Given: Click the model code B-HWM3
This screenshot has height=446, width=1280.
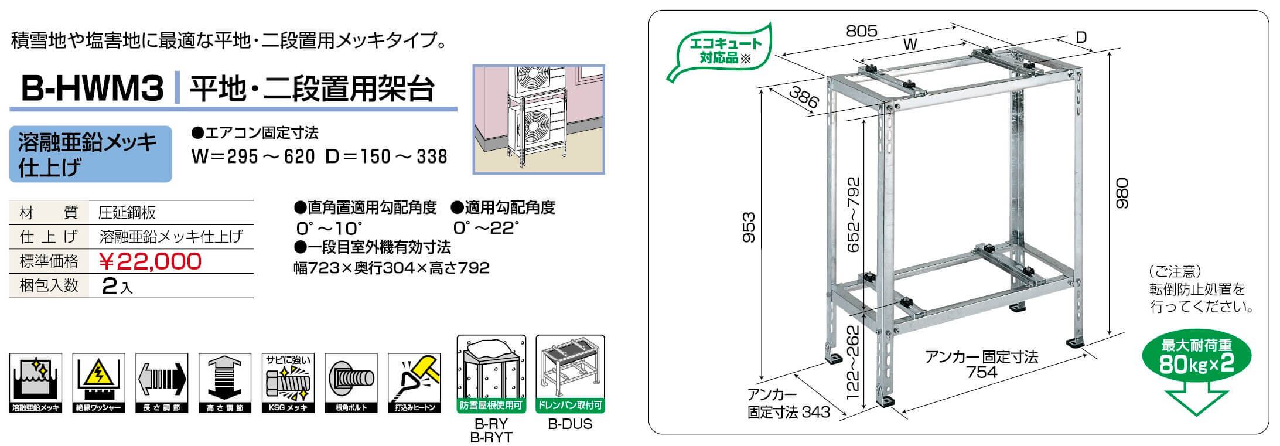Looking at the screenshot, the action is click(92, 89).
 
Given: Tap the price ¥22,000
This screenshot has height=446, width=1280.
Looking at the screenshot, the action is click(151, 261).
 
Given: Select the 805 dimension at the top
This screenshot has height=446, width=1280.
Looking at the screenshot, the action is click(862, 31).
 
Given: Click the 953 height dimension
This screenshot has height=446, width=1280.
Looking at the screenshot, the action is click(749, 227).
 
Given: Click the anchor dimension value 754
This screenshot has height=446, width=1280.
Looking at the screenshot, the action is click(982, 372).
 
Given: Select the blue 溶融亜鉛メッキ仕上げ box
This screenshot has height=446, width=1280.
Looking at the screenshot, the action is click(90, 154).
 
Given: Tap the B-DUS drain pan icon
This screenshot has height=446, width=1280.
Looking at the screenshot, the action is click(570, 374).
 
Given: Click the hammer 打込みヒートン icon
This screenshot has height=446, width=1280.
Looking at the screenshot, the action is click(415, 383).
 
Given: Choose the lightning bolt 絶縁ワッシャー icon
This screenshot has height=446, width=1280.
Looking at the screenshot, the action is click(98, 383).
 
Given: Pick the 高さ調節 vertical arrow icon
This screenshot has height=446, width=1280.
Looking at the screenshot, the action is click(225, 383).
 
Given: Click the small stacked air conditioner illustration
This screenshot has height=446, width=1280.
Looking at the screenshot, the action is click(539, 120).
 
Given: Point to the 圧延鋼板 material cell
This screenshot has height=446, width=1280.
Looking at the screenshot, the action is click(127, 213).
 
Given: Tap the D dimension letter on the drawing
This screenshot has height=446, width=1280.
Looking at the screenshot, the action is click(1081, 37).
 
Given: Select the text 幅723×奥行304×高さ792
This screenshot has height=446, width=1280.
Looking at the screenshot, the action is click(391, 268).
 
